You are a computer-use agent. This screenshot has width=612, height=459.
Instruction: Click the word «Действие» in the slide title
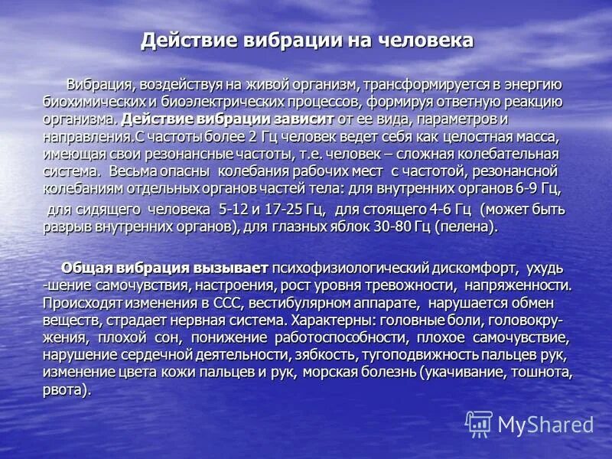click(x=181, y=40)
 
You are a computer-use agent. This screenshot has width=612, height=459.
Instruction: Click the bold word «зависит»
click(x=302, y=119)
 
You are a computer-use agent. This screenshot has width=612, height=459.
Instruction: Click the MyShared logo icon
click(x=479, y=423)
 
